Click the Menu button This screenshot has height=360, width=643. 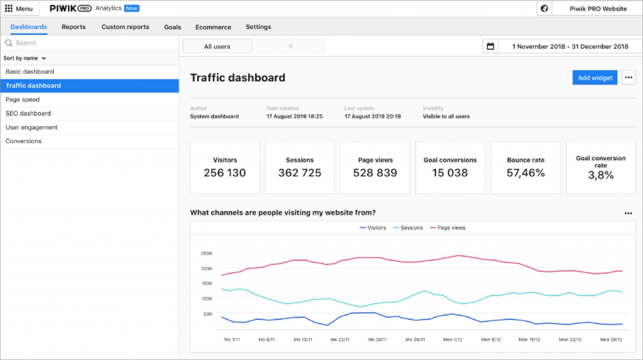[19, 9]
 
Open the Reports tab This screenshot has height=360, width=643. [73, 27]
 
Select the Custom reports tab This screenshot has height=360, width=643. [125, 27]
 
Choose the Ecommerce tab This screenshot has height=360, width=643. [213, 27]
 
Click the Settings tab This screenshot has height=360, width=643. [258, 27]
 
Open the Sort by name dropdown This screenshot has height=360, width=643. [25, 58]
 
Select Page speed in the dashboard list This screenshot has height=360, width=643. [23, 100]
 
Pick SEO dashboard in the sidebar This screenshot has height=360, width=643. [28, 114]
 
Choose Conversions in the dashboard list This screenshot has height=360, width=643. [24, 141]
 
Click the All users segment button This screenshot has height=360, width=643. [217, 47]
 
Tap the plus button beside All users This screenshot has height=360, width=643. [290, 47]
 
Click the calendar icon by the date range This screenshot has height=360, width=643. [490, 47]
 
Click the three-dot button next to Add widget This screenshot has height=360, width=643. [629, 78]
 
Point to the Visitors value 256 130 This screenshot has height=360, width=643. [225, 173]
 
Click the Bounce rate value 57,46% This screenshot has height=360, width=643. [526, 173]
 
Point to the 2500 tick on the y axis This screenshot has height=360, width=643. [206, 253]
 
